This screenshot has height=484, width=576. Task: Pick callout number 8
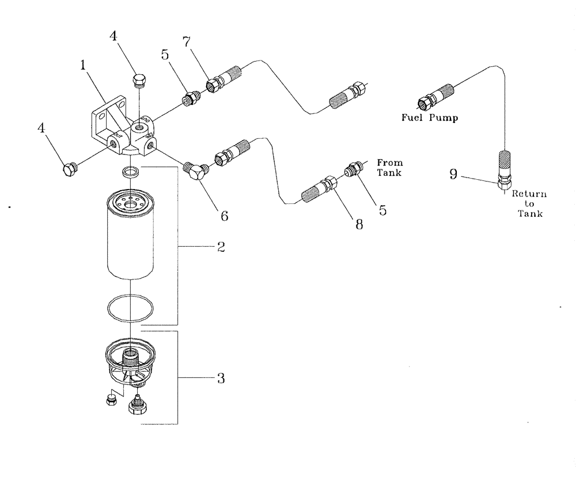359,224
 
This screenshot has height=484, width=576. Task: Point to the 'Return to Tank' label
529,204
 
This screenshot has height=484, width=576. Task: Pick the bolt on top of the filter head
138,80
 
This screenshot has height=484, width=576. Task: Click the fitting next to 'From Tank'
354,171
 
